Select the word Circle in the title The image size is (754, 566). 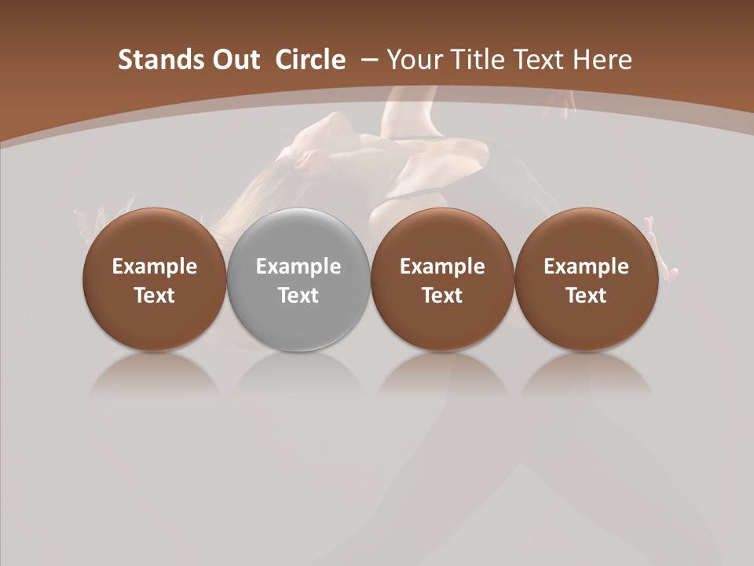[x=310, y=60]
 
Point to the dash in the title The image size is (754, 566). [x=369, y=60]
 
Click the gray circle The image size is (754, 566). [x=298, y=279]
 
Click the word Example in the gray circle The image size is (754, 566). [x=298, y=266]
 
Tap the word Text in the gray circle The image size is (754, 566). [x=298, y=296]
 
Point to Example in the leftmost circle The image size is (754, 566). [x=155, y=266]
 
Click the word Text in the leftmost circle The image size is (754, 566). [x=155, y=296]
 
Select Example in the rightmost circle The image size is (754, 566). [x=586, y=266]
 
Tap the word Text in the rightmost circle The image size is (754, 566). [x=586, y=296]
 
